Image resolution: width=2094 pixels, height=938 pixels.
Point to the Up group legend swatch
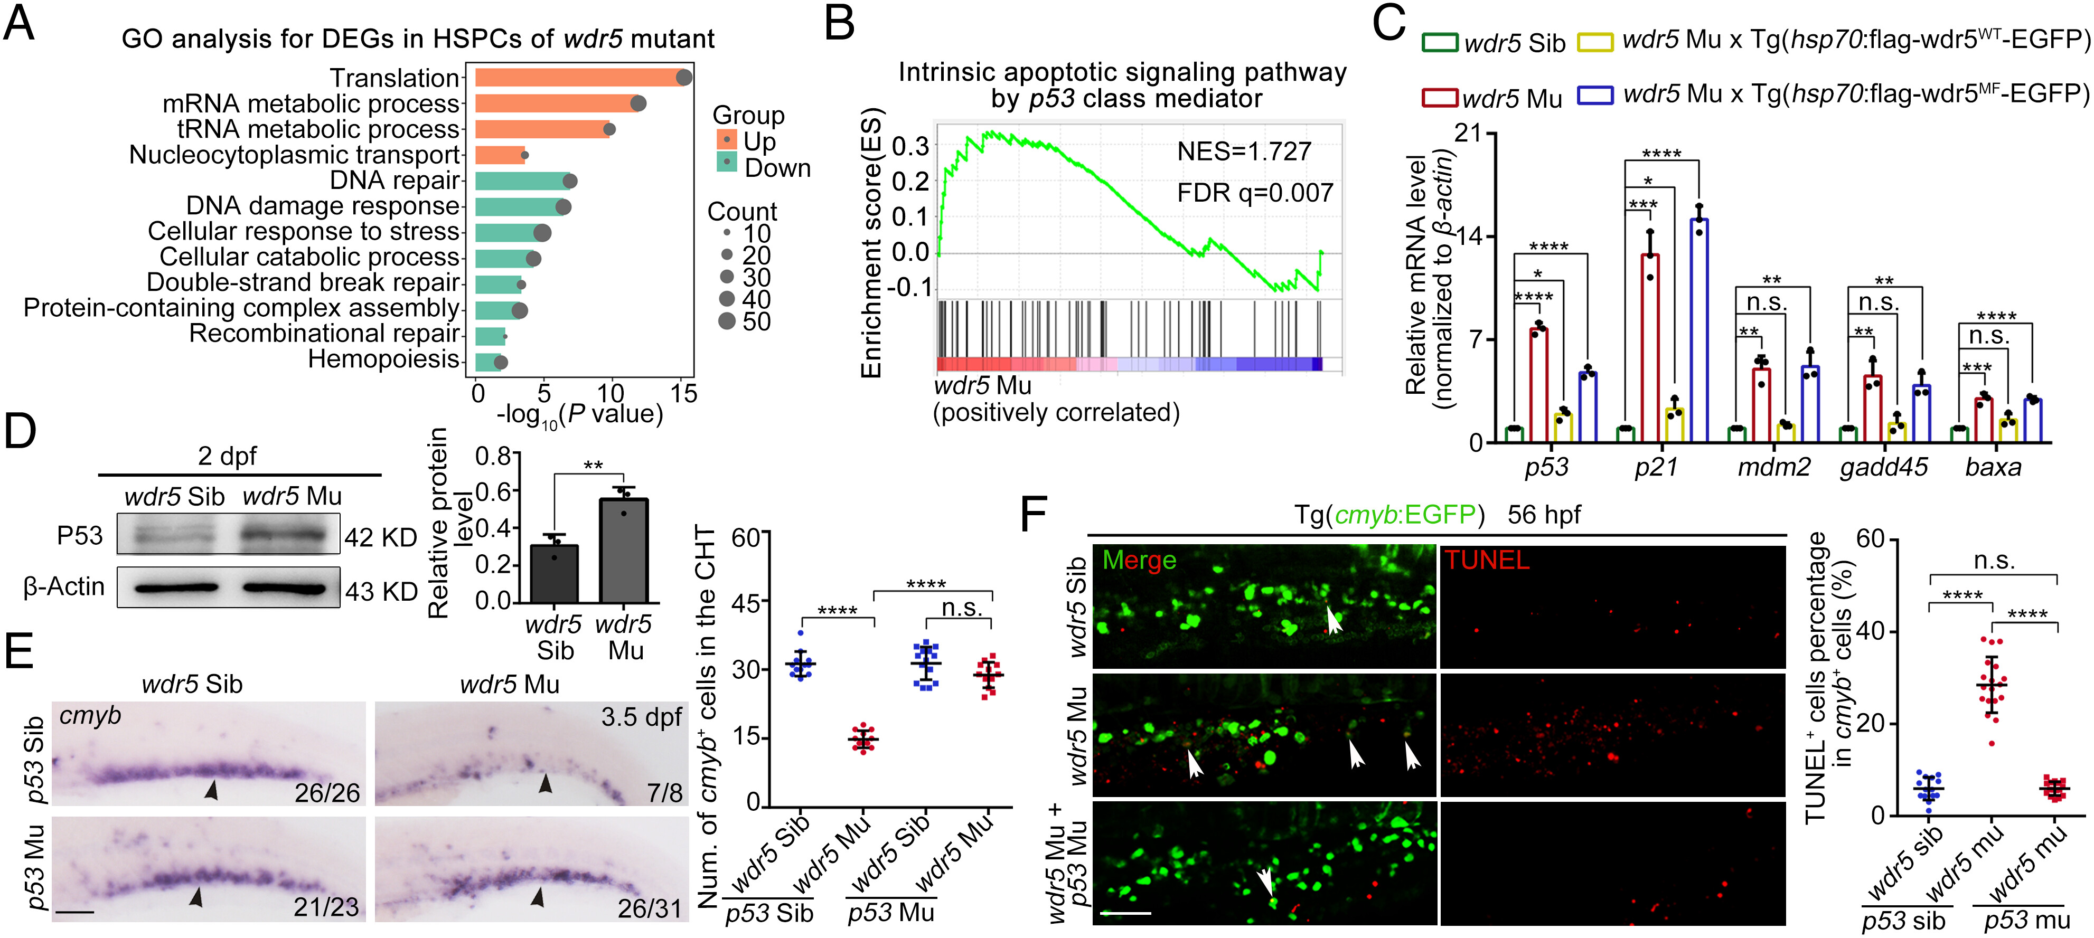(x=726, y=140)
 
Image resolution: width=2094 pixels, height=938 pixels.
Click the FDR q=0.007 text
(x=1254, y=193)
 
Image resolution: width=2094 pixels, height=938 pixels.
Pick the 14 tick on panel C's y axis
(x=1470, y=236)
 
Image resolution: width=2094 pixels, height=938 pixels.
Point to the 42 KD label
(x=380, y=537)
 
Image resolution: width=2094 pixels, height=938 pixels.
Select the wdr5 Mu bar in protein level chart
(x=624, y=549)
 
